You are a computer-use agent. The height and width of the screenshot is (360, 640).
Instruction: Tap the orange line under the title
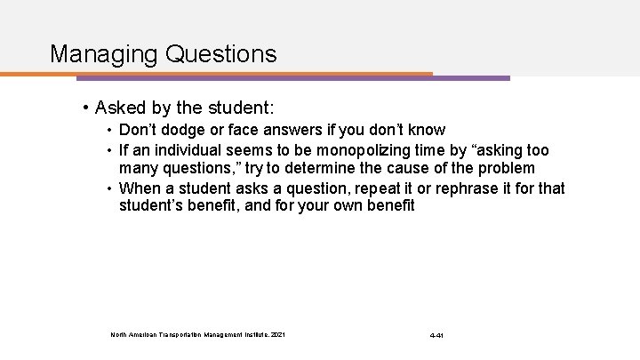pos(240,74)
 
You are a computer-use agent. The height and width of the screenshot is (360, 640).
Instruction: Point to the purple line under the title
pos(471,77)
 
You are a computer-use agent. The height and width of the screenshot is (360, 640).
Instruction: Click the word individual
pos(181,150)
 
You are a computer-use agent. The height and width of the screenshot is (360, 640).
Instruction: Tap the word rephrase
pos(437,188)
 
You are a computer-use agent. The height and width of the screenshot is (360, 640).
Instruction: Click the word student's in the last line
pos(151,207)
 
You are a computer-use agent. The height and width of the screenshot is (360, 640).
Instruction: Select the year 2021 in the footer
pos(280,335)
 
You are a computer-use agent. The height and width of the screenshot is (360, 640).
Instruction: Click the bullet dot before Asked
pos(84,109)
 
